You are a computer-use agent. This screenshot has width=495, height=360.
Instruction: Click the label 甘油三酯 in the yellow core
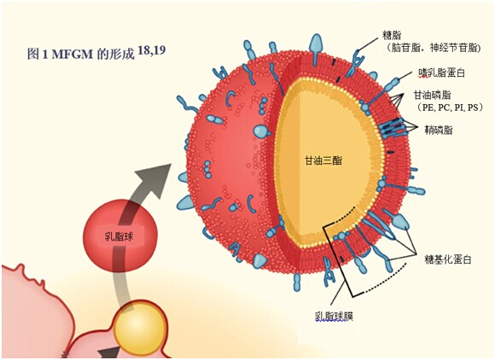click(323, 160)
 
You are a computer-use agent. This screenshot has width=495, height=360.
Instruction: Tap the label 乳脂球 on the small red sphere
click(119, 236)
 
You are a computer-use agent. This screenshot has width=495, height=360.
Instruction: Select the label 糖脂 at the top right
click(392, 35)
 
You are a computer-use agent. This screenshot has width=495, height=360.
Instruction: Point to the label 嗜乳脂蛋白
click(441, 73)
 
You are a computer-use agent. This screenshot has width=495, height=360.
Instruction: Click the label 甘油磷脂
click(432, 95)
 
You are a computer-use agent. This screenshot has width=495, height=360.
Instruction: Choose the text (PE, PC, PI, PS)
click(450, 107)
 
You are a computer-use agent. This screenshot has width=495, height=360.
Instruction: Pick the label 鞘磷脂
click(438, 130)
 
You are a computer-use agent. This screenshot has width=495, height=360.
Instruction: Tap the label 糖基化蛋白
click(448, 259)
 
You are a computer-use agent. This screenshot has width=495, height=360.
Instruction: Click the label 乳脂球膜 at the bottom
click(334, 316)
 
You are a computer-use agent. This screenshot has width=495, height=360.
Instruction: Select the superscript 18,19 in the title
click(152, 50)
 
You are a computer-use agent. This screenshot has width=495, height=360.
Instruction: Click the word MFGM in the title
click(73, 55)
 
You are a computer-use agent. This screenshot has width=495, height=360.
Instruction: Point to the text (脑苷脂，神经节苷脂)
click(434, 48)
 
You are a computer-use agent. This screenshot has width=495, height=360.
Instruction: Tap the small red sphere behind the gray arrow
click(119, 235)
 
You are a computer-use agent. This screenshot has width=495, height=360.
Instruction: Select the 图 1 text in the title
click(38, 55)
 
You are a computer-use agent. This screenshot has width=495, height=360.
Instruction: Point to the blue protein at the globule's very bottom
click(297, 282)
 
